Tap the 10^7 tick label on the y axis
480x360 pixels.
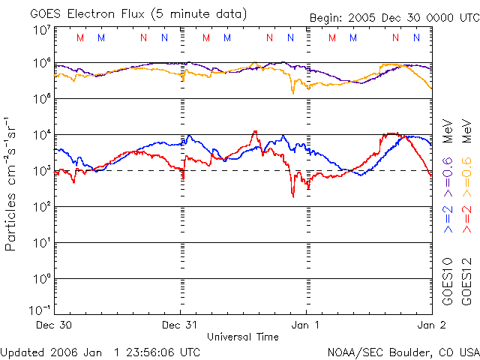40,30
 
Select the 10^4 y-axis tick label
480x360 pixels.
40,134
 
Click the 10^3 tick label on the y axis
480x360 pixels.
40,170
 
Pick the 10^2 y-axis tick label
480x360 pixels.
40,206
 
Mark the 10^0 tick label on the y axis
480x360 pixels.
40,278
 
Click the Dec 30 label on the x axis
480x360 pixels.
53,325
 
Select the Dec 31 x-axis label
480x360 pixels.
180,325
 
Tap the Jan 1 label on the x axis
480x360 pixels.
305,325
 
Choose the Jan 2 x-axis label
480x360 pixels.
430,325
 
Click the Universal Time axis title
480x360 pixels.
242,337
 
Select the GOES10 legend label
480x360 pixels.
448,280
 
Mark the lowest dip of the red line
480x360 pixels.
293,196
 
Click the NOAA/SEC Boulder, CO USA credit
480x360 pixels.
403,352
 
